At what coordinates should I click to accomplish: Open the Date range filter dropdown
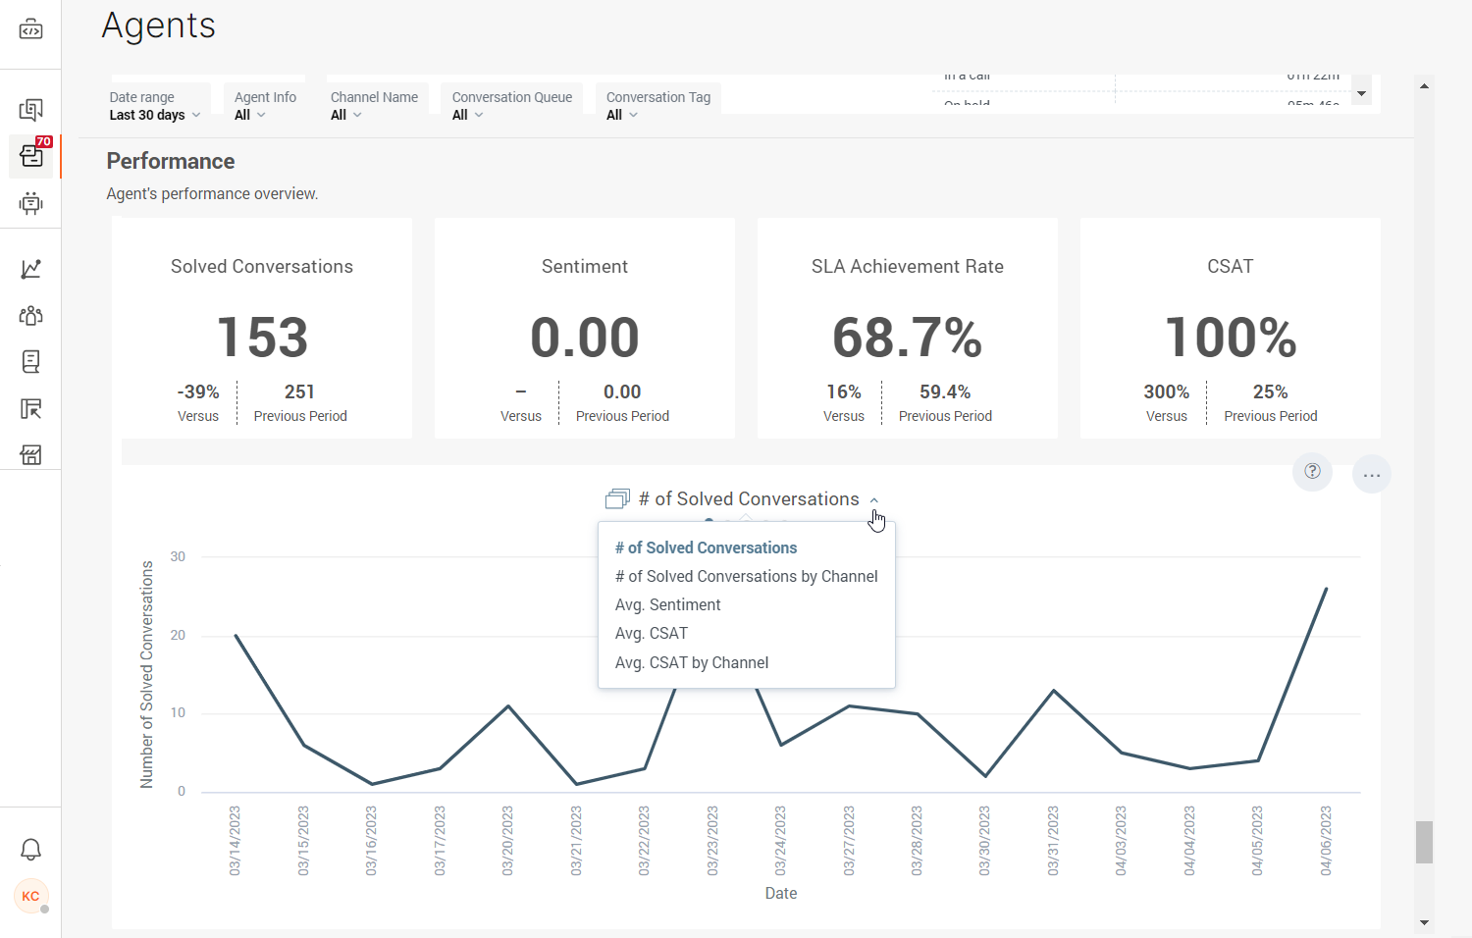(x=155, y=106)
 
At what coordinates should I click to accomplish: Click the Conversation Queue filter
(x=511, y=106)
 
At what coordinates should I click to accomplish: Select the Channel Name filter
(x=374, y=106)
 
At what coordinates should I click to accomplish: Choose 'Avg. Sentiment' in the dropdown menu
(x=667, y=605)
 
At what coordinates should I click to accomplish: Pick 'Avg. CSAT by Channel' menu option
(x=691, y=663)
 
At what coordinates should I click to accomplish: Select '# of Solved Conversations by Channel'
(x=746, y=577)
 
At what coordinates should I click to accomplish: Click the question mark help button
(x=1312, y=471)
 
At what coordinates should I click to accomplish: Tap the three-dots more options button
(x=1371, y=475)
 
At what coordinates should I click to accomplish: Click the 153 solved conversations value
(x=262, y=338)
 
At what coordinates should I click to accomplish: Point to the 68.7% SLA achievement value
(x=907, y=338)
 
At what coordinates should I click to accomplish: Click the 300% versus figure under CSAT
(x=1166, y=392)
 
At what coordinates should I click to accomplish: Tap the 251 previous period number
(x=299, y=392)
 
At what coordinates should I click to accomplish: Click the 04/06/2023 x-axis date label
(x=1326, y=840)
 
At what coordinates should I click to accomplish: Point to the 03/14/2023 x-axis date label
(x=235, y=840)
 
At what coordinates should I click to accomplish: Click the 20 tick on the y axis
(x=178, y=635)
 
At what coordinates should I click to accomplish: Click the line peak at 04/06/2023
(x=1326, y=589)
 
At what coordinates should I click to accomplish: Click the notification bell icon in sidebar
(x=31, y=850)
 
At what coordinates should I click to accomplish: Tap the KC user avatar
(x=31, y=896)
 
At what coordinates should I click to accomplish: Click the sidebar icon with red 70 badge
(x=31, y=156)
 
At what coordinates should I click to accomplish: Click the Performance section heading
(x=171, y=161)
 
